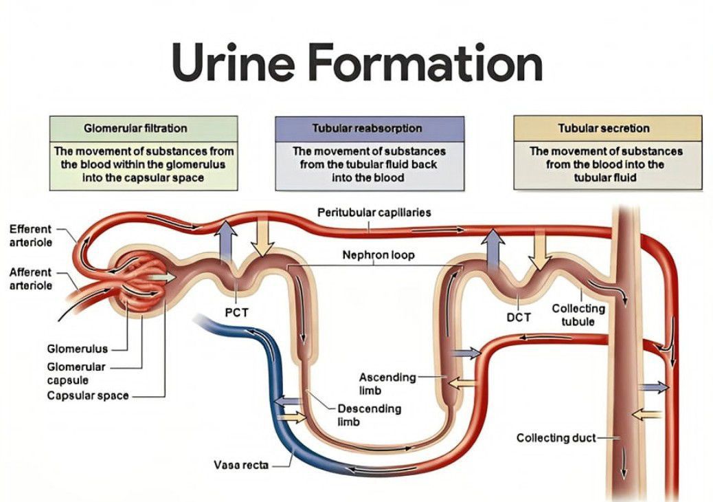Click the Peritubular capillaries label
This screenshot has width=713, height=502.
374,212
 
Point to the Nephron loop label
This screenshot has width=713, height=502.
378,255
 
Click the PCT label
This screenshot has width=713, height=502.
236,313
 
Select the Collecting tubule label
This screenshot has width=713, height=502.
578,315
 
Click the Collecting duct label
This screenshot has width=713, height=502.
556,438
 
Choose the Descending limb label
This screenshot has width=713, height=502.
369,415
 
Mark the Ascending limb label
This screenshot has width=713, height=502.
387,384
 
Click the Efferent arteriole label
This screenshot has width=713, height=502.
32,234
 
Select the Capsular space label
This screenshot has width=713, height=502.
87,395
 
